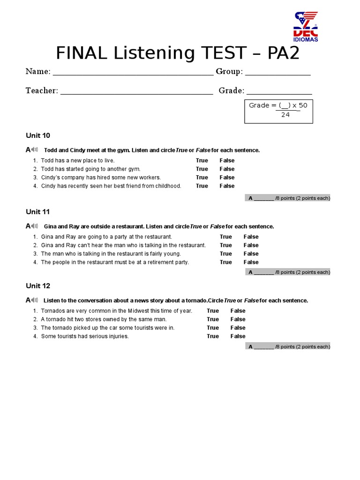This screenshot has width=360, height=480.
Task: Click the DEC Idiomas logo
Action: (x=306, y=27)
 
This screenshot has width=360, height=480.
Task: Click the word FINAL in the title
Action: (x=83, y=53)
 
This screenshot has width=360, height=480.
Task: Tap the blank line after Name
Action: (x=133, y=73)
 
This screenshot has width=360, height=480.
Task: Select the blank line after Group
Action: (x=277, y=73)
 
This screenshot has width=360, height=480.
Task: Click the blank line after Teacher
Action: (x=136, y=92)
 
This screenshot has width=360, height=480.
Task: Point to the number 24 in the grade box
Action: (x=285, y=115)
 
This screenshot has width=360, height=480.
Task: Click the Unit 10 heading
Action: (x=38, y=135)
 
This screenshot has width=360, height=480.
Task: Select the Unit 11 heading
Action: (x=38, y=212)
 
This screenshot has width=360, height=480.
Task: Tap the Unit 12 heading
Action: (x=38, y=286)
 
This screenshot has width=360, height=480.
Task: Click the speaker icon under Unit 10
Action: (x=35, y=150)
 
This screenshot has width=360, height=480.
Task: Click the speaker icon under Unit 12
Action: (x=35, y=300)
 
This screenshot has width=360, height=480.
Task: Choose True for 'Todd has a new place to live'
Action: (x=202, y=161)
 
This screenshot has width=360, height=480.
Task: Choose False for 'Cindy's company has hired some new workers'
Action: (x=227, y=178)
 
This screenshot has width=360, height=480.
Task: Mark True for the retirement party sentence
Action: (x=226, y=262)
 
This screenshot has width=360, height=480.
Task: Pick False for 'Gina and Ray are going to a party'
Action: (x=251, y=237)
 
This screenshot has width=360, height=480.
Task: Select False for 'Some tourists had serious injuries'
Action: (x=238, y=337)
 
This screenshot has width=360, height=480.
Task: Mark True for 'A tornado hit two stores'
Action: (x=213, y=320)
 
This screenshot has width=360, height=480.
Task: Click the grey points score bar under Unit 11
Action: (x=288, y=272)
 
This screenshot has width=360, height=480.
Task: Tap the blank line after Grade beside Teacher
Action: (x=279, y=92)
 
